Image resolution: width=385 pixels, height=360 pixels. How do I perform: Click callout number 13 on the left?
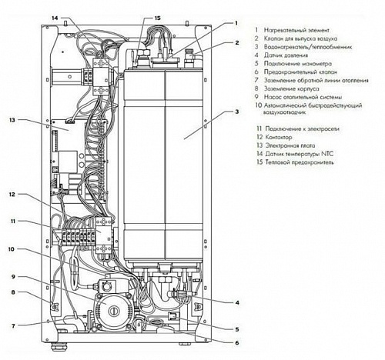point(12,120)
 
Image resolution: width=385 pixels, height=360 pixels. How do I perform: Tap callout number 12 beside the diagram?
point(12,195)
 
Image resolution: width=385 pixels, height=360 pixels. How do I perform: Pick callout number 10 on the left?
point(12,248)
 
